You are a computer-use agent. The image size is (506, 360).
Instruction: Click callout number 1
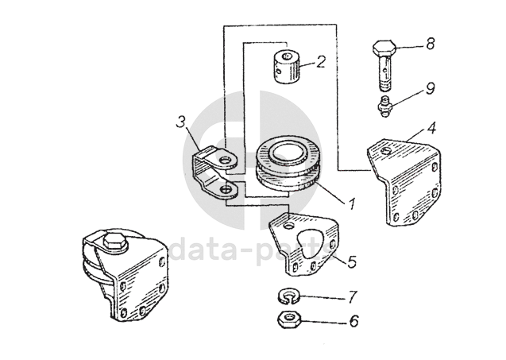(x=352, y=203)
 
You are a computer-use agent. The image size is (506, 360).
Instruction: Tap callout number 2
(x=320, y=61)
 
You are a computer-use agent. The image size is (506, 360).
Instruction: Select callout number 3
(x=181, y=122)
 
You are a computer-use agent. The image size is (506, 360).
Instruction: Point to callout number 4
(x=432, y=128)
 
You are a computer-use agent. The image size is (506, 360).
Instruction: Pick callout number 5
(x=352, y=261)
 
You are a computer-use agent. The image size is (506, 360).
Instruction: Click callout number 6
(x=354, y=321)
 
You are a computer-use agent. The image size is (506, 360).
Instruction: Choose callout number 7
(x=353, y=296)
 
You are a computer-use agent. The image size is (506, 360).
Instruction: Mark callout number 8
(x=431, y=44)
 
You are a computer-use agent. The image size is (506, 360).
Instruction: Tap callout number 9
(x=431, y=88)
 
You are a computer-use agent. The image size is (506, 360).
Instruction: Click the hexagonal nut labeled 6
(x=289, y=319)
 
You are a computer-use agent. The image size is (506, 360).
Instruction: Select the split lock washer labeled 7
(x=289, y=296)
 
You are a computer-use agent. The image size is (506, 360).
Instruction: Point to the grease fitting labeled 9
(x=384, y=106)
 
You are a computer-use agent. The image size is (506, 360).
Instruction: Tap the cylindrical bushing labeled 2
(x=288, y=68)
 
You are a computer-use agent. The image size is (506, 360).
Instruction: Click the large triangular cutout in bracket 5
(x=311, y=243)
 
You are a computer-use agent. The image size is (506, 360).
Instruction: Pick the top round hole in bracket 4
(x=385, y=151)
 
